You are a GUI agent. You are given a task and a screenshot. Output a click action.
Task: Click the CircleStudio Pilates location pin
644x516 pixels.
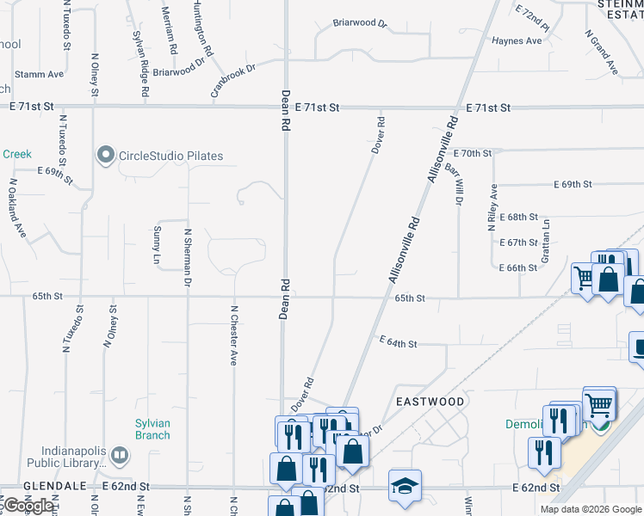point(106,156)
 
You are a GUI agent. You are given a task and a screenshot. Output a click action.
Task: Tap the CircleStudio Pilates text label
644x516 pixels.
point(170,156)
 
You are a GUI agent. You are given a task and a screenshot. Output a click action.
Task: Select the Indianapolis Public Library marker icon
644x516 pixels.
point(121,453)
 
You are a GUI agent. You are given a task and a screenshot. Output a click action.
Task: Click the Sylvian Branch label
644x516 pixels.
point(152,429)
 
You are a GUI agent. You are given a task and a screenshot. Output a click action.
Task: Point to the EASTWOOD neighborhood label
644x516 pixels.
point(430,402)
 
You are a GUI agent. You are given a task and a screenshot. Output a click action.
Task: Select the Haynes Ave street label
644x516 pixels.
point(517,40)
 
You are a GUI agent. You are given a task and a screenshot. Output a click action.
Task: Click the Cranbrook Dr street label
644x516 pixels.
point(234,80)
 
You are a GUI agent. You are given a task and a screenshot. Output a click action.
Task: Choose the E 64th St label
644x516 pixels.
point(399,343)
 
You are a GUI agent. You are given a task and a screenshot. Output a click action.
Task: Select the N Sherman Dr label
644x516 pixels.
point(187,256)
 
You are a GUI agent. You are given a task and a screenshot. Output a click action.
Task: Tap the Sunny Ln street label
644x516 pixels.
point(157,245)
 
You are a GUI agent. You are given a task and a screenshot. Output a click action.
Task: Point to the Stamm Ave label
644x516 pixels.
point(39,74)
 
